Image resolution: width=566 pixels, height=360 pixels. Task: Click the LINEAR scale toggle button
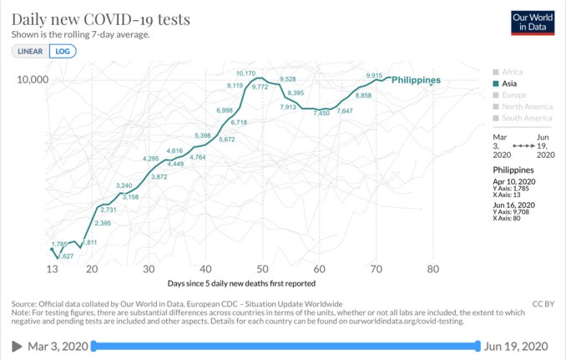pos(29,51)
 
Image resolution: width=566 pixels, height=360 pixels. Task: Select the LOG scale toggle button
pos(62,51)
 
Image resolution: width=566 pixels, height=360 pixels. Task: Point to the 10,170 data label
pos(246,74)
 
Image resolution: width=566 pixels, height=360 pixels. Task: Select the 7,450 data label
pos(322,113)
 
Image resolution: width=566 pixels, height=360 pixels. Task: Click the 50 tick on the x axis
pos(261,269)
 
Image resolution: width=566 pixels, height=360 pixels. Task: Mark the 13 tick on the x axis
pos(52,269)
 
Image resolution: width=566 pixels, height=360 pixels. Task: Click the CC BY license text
pos(543,303)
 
